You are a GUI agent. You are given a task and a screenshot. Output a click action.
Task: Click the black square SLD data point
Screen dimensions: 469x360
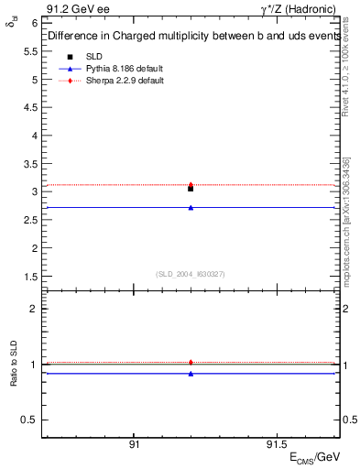click(191, 188)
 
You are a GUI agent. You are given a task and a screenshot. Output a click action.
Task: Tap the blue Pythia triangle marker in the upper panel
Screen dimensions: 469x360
click(191, 208)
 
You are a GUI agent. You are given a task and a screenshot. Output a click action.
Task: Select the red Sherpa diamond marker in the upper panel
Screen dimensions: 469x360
click(191, 184)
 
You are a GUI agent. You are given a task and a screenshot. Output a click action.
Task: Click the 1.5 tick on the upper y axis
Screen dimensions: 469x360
click(32, 276)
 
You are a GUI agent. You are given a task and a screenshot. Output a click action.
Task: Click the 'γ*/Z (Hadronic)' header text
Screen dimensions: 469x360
click(302, 8)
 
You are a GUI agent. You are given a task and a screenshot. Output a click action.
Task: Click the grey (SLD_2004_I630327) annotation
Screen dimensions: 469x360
click(190, 274)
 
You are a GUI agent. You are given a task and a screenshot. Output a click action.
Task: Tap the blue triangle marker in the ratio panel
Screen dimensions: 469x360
click(191, 374)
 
